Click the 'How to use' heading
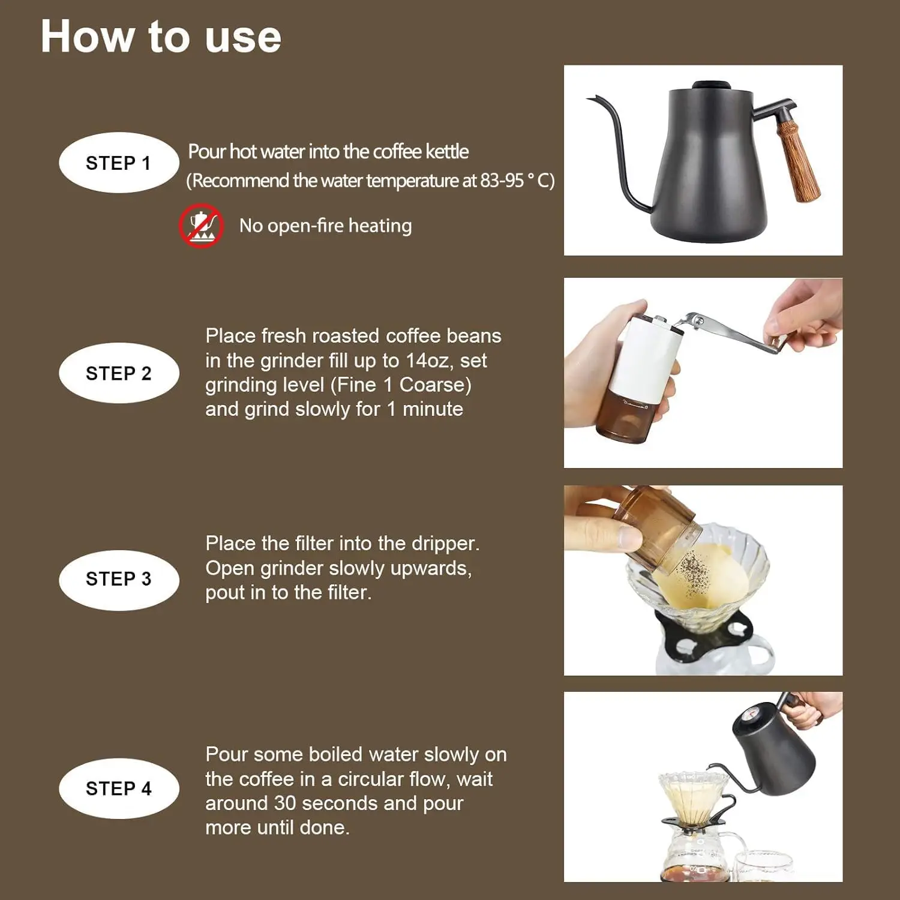161,37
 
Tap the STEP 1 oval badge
119,163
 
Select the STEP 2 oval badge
119,373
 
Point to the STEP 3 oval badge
119,580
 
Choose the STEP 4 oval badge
119,788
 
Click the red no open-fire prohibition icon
202,226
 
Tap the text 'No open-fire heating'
325,226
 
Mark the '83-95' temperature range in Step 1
502,181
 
